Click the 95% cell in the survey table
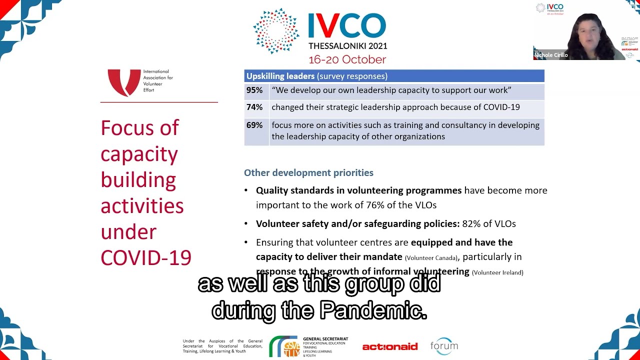click(x=254, y=90)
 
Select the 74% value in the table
click(x=254, y=107)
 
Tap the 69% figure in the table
click(x=254, y=125)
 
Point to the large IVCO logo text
click(x=347, y=26)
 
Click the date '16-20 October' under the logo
click(x=347, y=59)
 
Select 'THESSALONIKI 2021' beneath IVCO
click(x=347, y=46)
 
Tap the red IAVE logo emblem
click(x=124, y=82)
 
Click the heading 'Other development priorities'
click(x=308, y=173)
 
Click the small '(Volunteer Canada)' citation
click(x=431, y=258)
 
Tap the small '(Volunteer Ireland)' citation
click(x=497, y=272)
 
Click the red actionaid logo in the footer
click(x=389, y=346)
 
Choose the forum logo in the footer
click(x=444, y=345)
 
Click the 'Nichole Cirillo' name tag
click(x=551, y=55)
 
